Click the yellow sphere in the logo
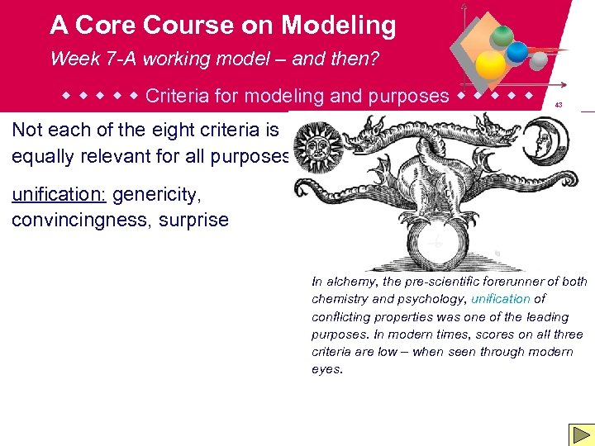[x=492, y=64]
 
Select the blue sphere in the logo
[x=518, y=52]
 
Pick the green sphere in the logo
[x=501, y=36]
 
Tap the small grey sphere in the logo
[x=538, y=61]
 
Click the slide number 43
[x=559, y=105]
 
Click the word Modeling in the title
[x=339, y=26]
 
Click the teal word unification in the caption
[x=501, y=299]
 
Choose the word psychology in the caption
[x=429, y=299]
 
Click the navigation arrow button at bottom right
[x=579, y=434]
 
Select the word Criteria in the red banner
[x=176, y=96]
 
